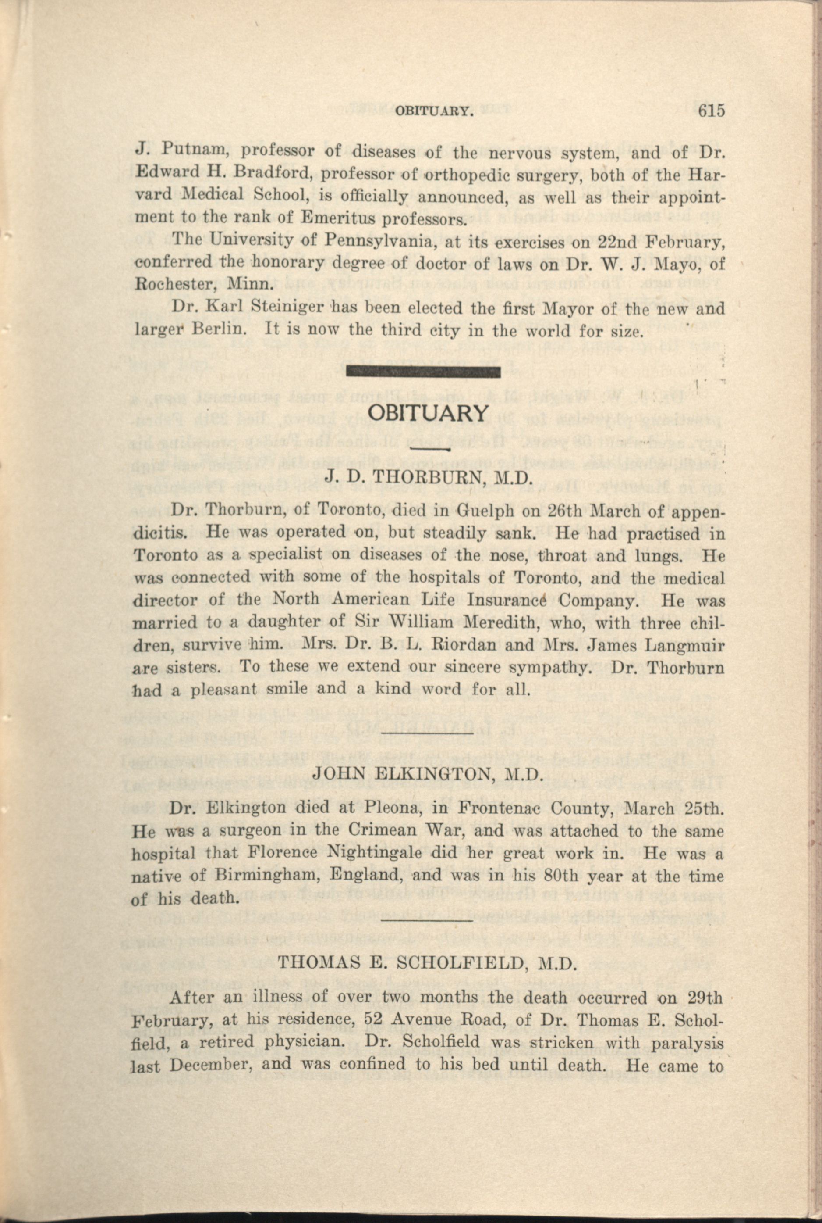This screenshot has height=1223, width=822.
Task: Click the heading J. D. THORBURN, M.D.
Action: (428, 476)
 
